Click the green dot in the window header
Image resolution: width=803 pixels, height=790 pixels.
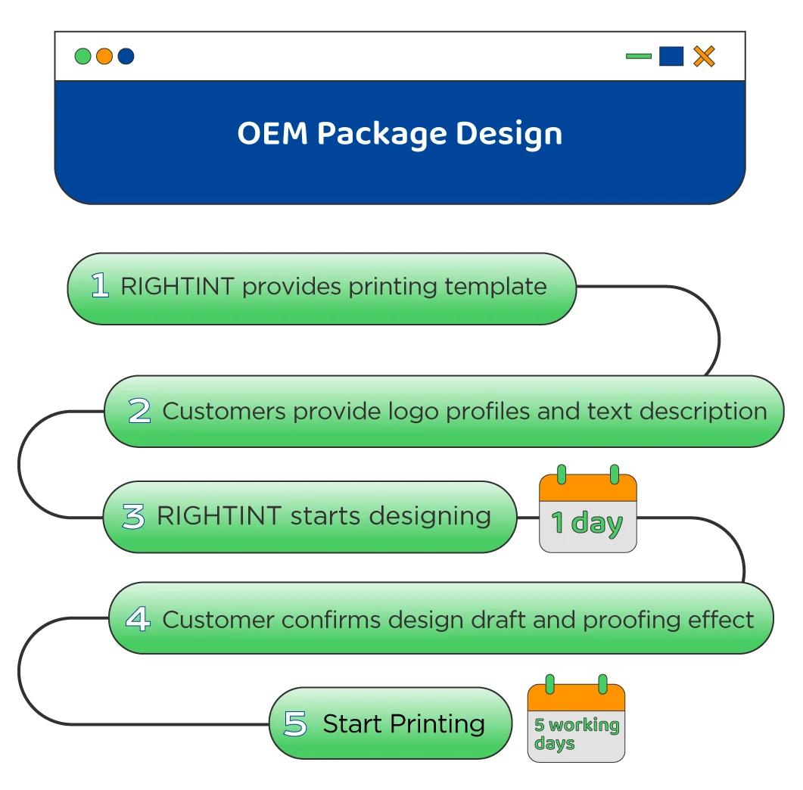83,56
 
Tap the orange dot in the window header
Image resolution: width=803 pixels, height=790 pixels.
104,56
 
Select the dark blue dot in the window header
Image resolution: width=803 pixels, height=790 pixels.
126,56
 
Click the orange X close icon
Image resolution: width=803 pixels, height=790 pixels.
704,56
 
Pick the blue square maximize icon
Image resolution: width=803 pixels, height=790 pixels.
671,56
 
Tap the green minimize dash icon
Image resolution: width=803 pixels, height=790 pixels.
638,56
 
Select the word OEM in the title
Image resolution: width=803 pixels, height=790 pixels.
272,134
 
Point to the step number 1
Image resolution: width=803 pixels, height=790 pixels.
100,286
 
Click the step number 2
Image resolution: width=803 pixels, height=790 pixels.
139,411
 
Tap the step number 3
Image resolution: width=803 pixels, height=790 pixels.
133,517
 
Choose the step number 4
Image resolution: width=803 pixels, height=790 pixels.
138,619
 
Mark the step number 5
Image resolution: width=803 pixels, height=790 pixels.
295,723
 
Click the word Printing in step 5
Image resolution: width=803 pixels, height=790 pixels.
434,723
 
